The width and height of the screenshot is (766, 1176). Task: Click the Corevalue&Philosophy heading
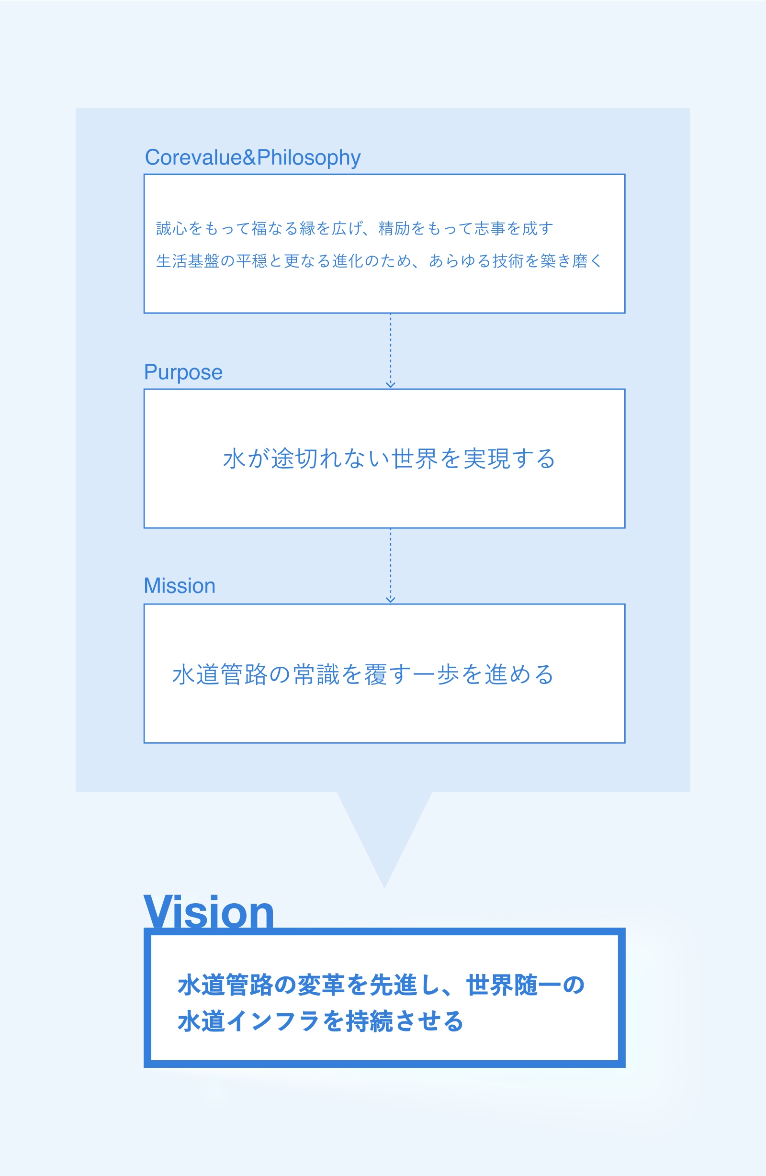[x=252, y=158]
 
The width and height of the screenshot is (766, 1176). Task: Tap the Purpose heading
[x=183, y=372]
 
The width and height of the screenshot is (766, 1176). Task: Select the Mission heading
[x=180, y=586]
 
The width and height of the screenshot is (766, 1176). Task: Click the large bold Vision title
[x=209, y=912]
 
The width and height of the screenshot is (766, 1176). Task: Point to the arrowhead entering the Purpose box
[x=390, y=385]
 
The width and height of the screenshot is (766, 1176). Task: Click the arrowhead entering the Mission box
[x=390, y=600]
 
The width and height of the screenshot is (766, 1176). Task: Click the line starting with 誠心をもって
[x=354, y=228]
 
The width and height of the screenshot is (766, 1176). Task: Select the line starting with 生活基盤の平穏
[x=379, y=261]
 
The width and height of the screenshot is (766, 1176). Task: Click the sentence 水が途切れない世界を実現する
[x=389, y=459]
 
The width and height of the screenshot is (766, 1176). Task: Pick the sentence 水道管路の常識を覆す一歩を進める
[x=363, y=674]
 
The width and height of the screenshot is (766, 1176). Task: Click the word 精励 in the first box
[x=394, y=228]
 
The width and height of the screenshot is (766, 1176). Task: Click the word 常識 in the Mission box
[x=316, y=674]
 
